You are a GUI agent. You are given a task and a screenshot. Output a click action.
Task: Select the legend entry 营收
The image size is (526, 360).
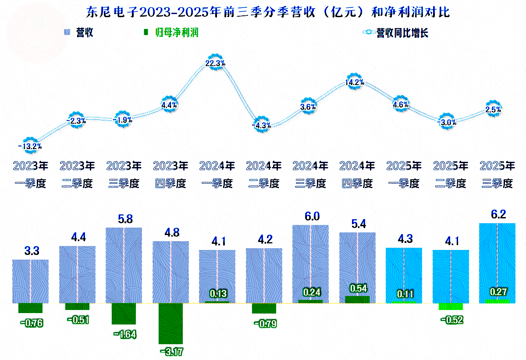pyautogui.click(x=78, y=33)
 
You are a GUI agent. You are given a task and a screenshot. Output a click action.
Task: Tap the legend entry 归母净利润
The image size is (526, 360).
pyautogui.click(x=171, y=33)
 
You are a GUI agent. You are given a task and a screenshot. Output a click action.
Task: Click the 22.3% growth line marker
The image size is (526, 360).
pyautogui.click(x=215, y=63)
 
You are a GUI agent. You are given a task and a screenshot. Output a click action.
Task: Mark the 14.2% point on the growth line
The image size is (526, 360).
pyautogui.click(x=355, y=82)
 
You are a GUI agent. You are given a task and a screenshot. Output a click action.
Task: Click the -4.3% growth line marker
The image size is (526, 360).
pyautogui.click(x=262, y=125)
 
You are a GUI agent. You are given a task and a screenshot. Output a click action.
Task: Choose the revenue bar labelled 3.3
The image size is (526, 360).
pyautogui.click(x=30, y=281)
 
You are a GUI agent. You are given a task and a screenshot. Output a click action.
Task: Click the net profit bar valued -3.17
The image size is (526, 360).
pyautogui.click(x=171, y=323)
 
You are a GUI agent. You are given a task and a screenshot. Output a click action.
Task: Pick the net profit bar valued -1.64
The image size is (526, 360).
pyautogui.click(x=124, y=314)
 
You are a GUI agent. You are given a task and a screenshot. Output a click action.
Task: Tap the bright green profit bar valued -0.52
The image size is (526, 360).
pyautogui.click(x=451, y=307)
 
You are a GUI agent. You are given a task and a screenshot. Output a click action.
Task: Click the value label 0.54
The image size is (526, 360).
pyautogui.click(x=358, y=289)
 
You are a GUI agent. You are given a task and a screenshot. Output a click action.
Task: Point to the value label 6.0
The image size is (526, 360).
pyautogui.click(x=310, y=216)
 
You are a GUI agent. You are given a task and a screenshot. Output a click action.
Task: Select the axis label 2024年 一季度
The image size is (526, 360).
pyautogui.click(x=217, y=175)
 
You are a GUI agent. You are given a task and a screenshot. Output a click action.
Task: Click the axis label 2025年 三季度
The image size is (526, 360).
pyautogui.click(x=497, y=175)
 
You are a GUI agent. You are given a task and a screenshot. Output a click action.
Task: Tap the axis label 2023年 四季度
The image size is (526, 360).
pyautogui.click(x=171, y=175)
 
